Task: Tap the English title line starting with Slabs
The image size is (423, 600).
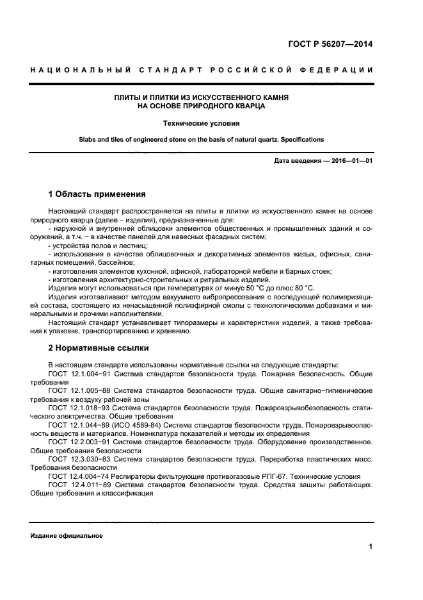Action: [201, 139]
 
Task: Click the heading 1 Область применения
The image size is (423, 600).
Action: [97, 194]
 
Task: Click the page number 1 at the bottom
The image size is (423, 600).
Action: [371, 546]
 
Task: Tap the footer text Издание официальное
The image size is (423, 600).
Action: [67, 535]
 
